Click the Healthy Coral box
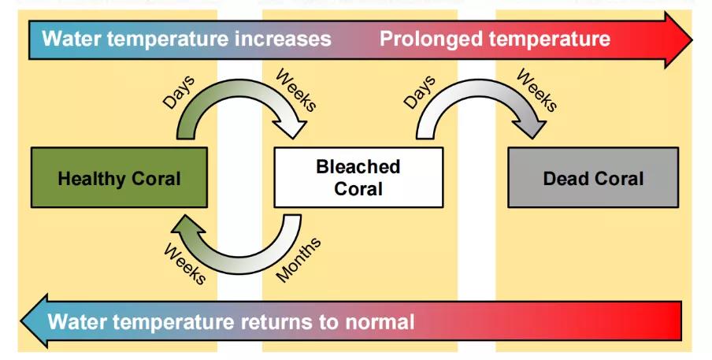click(119, 178)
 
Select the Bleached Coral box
click(358, 178)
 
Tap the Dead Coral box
click(592, 178)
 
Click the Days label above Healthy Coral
click(179, 94)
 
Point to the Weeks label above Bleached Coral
click(296, 90)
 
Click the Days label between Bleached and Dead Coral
click(419, 92)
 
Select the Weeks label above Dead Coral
click(536, 90)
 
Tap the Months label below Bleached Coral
click(299, 260)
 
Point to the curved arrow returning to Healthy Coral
click(236, 256)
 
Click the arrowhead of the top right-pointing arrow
click(677, 39)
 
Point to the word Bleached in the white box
click(358, 167)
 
